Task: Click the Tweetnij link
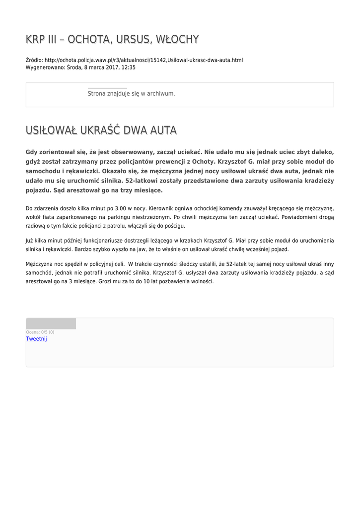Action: click(x=36, y=338)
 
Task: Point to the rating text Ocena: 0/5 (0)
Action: click(x=40, y=332)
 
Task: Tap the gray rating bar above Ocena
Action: click(x=51, y=323)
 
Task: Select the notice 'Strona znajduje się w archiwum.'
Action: click(x=131, y=93)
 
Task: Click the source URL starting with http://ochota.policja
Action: click(x=144, y=60)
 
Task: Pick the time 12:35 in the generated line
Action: click(x=128, y=67)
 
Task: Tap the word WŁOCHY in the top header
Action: click(x=177, y=39)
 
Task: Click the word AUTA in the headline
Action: click(x=161, y=130)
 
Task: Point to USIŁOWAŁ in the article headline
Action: click(x=49, y=130)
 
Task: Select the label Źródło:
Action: click(x=34, y=60)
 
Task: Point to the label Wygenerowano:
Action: click(x=45, y=67)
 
